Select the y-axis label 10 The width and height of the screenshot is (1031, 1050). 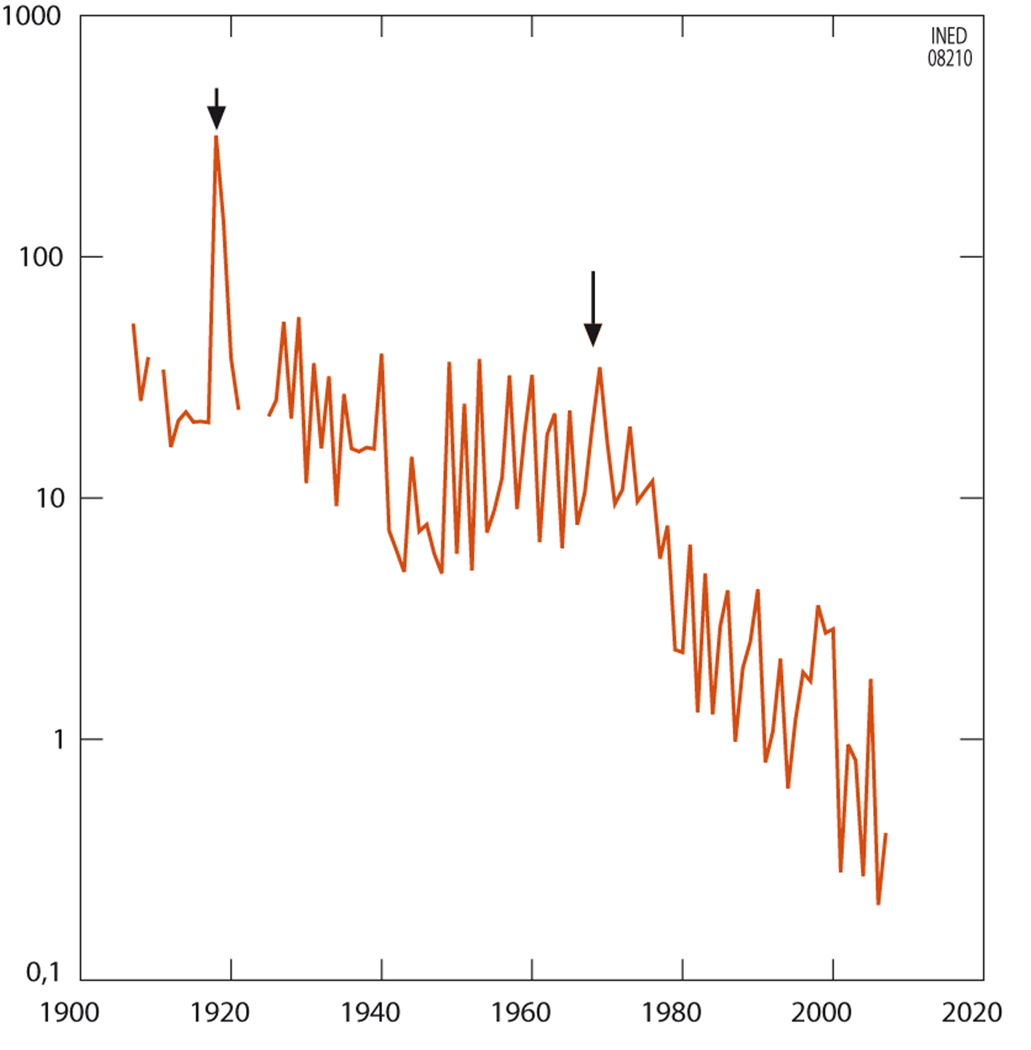49,498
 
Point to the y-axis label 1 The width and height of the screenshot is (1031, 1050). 58,740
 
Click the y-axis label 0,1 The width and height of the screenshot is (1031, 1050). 43,972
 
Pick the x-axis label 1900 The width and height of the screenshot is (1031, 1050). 69,1013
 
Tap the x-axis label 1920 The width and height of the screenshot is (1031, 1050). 220,1013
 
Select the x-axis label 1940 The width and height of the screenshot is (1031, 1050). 370,1013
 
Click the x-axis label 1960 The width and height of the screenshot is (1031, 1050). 521,1013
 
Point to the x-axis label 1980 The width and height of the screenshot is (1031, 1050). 672,1013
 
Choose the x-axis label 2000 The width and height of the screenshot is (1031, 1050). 822,1013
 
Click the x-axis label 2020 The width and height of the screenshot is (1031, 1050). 972,1013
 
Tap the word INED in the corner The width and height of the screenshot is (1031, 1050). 949,36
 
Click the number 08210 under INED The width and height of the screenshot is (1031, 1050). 950,58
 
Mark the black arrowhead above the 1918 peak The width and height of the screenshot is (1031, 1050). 216,116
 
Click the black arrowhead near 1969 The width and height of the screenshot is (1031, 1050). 593,335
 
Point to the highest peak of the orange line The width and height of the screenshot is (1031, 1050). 216,137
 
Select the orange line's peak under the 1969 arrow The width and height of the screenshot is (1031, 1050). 600,368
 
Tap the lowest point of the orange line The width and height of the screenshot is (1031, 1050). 878,904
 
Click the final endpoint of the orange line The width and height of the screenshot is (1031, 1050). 885,834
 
